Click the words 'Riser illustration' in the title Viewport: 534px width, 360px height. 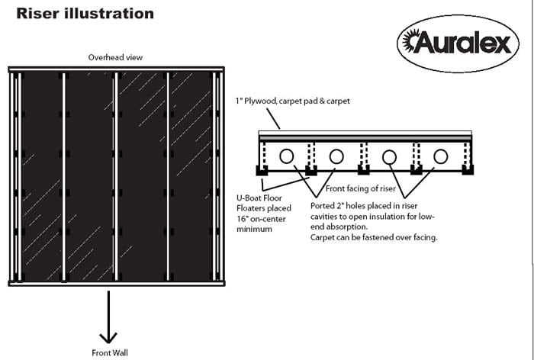85,14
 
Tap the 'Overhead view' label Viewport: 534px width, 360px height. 115,57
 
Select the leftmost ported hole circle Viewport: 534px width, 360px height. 287,156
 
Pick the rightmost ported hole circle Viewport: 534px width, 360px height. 440,156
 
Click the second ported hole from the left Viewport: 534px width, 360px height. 336,156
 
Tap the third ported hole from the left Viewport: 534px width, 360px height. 390,156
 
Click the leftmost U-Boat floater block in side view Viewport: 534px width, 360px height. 263,169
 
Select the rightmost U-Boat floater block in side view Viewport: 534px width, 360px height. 466,169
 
